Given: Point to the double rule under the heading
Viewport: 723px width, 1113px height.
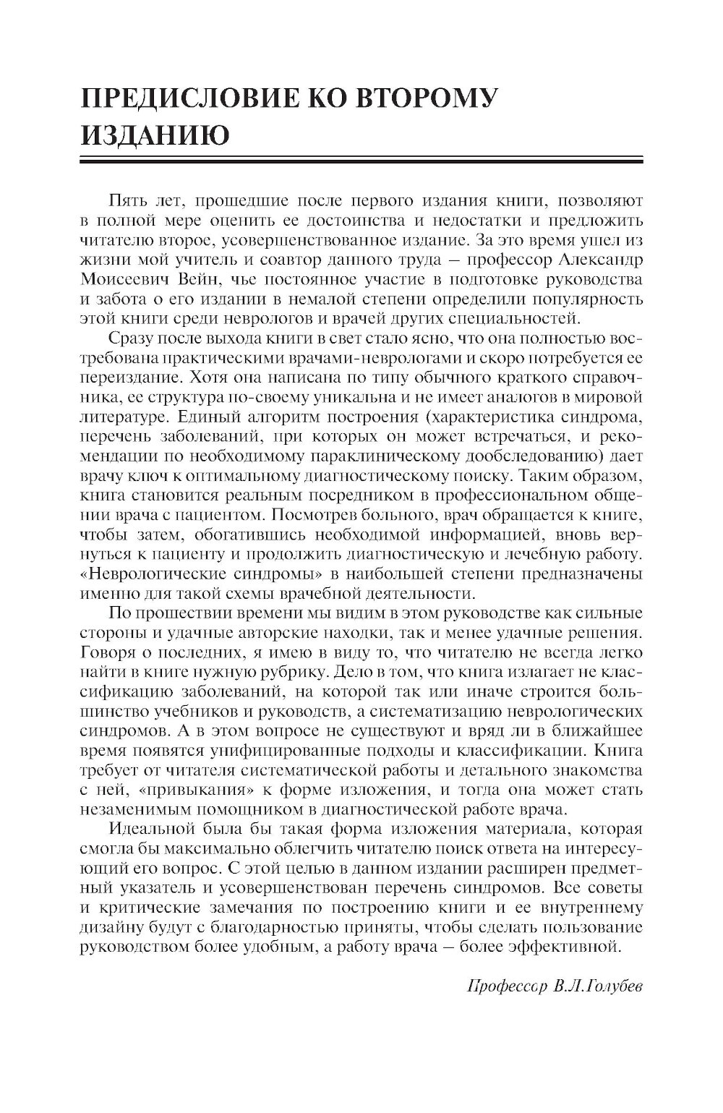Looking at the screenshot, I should coord(360,161).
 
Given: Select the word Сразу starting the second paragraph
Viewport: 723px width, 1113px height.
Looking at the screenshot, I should coord(128,338).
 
